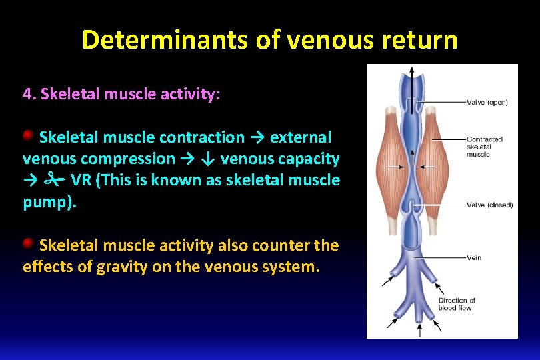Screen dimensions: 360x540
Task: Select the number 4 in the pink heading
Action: pos(27,94)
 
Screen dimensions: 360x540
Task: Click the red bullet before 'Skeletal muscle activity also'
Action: pos(29,244)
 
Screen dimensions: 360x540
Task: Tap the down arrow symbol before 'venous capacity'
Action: pos(209,159)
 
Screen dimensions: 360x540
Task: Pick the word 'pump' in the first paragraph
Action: pos(47,202)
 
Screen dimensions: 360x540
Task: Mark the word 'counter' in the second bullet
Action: pos(283,246)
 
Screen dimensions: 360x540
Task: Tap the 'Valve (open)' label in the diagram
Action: pos(487,103)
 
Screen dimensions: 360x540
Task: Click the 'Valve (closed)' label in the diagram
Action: pos(489,205)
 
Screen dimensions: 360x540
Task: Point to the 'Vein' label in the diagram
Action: pos(474,257)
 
